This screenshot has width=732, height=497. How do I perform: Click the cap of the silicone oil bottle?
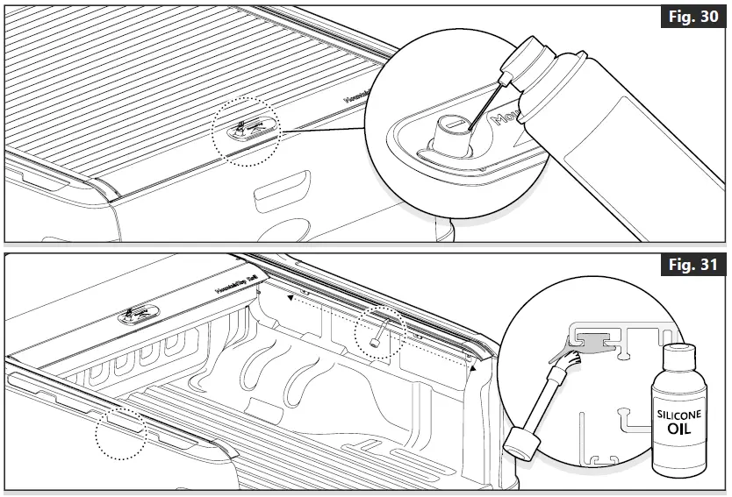point(678,359)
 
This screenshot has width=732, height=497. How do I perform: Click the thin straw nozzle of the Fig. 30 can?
point(484,103)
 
